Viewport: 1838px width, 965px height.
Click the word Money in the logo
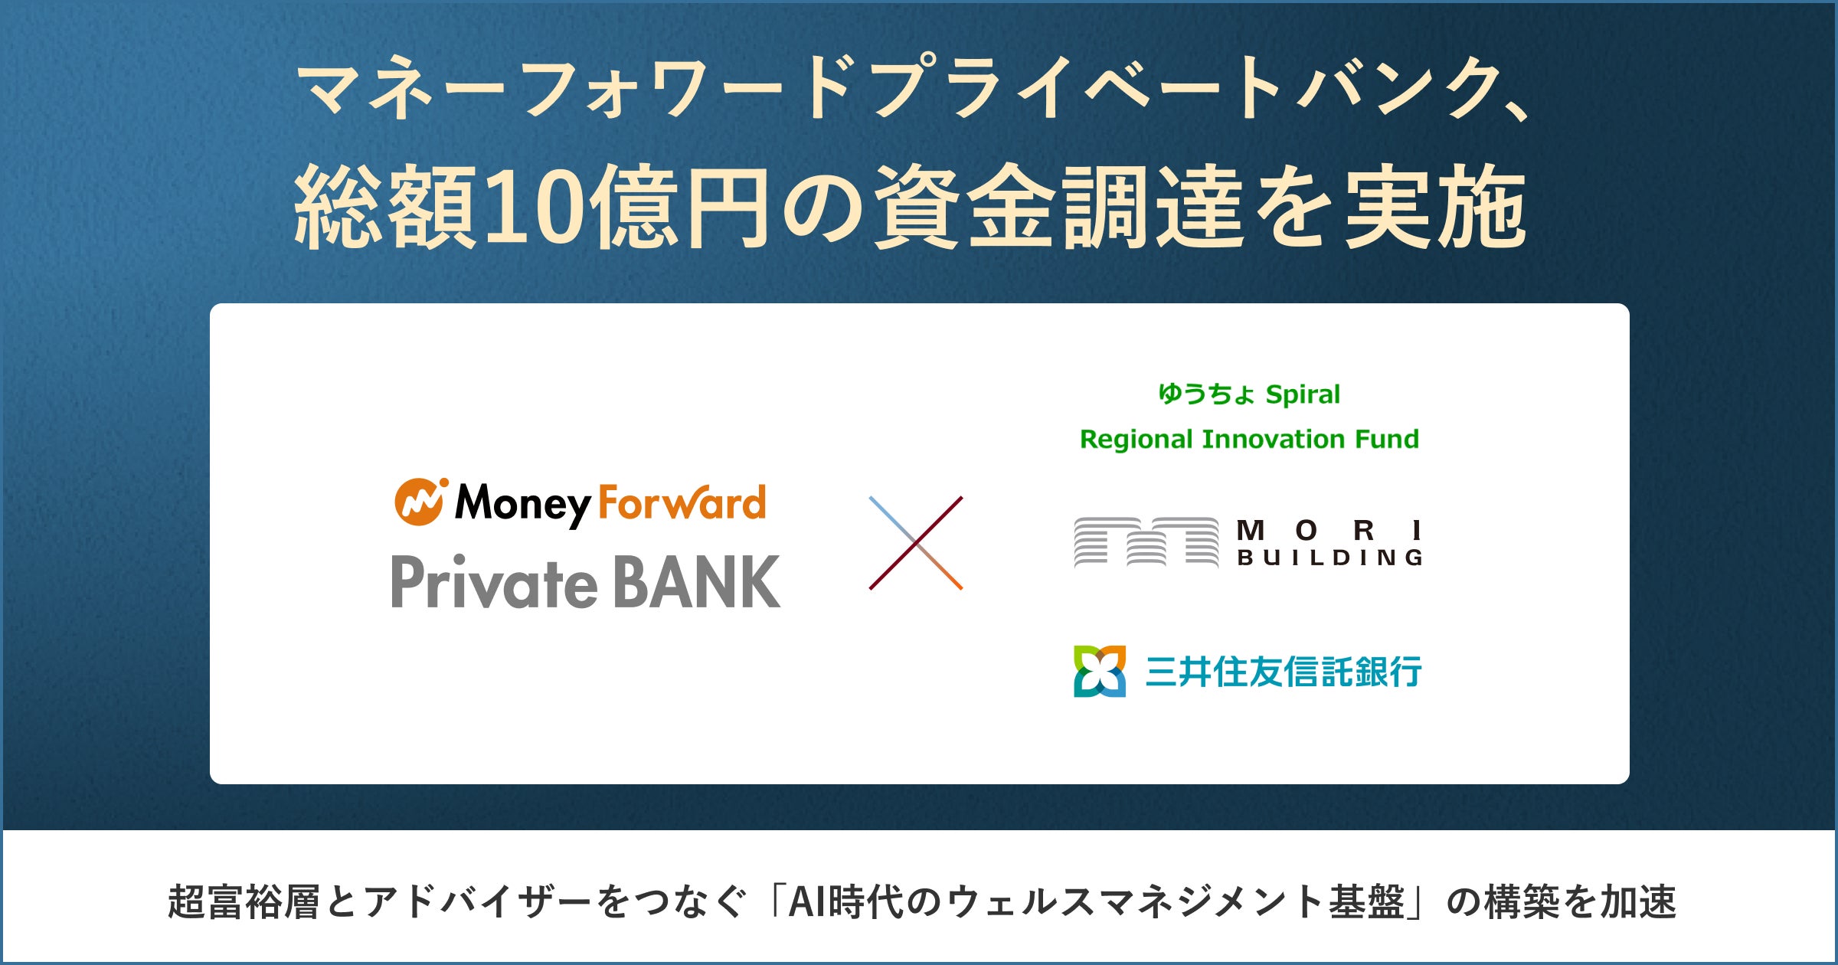pyautogui.click(x=523, y=505)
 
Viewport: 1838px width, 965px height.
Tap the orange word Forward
pyautogui.click(x=682, y=502)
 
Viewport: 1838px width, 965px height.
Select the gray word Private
pyautogui.click(x=494, y=581)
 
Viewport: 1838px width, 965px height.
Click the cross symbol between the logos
pyautogui.click(x=916, y=543)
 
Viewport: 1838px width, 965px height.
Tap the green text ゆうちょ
pyautogui.click(x=1206, y=394)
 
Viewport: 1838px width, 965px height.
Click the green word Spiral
pyautogui.click(x=1303, y=395)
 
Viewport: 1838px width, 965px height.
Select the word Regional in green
pyautogui.click(x=1136, y=440)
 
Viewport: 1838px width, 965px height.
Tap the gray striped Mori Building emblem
pyautogui.click(x=1146, y=542)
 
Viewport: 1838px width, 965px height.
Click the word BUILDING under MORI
pyautogui.click(x=1330, y=558)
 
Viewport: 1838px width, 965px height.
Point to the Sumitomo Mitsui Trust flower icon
pyautogui.click(x=1100, y=671)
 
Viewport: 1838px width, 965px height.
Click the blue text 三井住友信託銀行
pyautogui.click(x=1284, y=672)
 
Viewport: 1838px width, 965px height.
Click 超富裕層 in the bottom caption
pyautogui.click(x=244, y=901)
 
